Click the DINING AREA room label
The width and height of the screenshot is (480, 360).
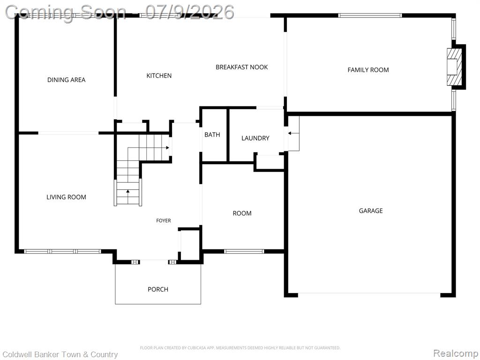[x=66, y=80]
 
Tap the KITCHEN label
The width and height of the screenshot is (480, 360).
[x=159, y=75]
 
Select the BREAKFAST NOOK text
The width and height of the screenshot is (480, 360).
[x=241, y=67]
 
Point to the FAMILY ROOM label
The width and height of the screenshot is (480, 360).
[x=368, y=70]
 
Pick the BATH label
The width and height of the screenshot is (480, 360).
[x=212, y=135]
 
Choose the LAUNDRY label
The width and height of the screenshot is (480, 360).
[x=255, y=138]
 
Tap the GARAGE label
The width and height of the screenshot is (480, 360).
[x=371, y=210]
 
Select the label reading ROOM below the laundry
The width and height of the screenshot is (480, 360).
[x=242, y=213]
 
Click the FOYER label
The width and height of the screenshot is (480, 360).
[x=164, y=220]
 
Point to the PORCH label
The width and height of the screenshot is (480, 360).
[x=158, y=289]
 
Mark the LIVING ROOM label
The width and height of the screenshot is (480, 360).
[x=66, y=197]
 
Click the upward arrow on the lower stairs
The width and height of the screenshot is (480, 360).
[x=127, y=192]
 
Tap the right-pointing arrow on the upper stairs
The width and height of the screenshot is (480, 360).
[x=167, y=148]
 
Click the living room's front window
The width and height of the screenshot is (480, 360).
[x=62, y=251]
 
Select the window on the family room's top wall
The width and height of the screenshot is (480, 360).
[x=370, y=15]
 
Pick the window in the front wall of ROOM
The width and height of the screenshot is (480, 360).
[x=244, y=251]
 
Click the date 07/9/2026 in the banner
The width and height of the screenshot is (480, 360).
[x=189, y=12]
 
